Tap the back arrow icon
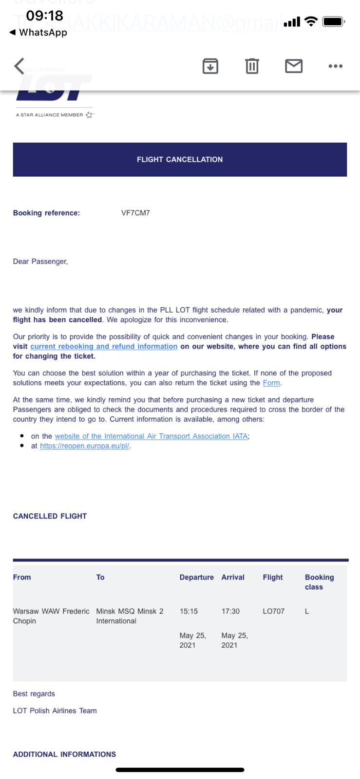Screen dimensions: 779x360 click(x=19, y=66)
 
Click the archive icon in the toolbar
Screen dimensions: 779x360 click(x=210, y=66)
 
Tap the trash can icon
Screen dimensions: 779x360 click(x=252, y=66)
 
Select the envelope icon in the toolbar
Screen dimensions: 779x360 click(x=294, y=66)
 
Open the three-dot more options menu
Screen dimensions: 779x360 click(x=335, y=66)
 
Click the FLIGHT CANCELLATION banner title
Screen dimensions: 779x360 click(x=180, y=159)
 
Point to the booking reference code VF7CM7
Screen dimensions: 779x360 click(x=135, y=213)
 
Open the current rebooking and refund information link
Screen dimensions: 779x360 click(x=104, y=347)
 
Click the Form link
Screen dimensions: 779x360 click(x=271, y=383)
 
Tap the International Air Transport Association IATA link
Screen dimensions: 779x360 click(x=151, y=436)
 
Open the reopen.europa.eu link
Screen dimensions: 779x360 click(x=85, y=446)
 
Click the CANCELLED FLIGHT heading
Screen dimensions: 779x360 click(x=50, y=516)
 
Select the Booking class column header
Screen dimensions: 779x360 click(x=319, y=582)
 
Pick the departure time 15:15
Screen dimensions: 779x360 click(x=189, y=611)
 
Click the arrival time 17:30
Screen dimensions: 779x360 click(x=230, y=611)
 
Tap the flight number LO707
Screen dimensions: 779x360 click(x=273, y=611)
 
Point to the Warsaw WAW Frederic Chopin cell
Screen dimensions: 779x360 click(x=51, y=616)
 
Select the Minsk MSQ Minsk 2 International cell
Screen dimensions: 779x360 click(x=130, y=616)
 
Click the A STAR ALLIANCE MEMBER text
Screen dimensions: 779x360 click(x=50, y=115)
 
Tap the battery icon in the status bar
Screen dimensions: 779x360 click(x=334, y=21)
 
